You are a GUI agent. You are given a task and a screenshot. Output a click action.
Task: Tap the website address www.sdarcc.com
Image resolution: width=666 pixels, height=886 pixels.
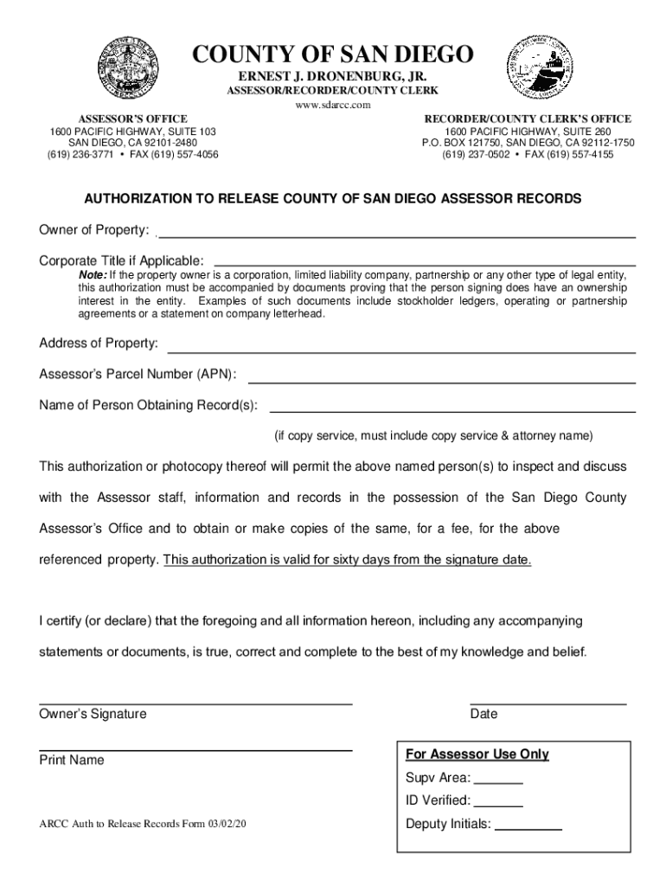click(x=333, y=105)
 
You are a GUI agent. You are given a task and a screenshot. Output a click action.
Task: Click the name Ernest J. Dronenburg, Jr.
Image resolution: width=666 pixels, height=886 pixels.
click(x=333, y=76)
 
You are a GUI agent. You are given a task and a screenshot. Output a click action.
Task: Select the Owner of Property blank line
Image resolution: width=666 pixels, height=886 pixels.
click(x=398, y=234)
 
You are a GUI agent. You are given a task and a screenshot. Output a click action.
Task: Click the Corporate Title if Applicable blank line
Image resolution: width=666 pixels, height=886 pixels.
click(x=424, y=263)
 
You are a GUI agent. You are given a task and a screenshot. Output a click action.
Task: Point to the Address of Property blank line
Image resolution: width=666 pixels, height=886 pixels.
click(x=401, y=350)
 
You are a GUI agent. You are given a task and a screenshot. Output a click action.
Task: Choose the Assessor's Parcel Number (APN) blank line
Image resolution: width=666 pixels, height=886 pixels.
click(x=441, y=381)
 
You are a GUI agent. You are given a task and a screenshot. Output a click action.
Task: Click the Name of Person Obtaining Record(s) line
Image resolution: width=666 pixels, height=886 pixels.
click(x=452, y=410)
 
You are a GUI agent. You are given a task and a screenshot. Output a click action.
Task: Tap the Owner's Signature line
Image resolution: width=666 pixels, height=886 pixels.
click(x=195, y=703)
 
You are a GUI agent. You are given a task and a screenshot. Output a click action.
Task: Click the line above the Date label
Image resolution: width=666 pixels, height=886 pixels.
click(x=548, y=703)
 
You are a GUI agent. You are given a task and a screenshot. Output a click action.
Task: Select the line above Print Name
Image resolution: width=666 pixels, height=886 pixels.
click(x=195, y=749)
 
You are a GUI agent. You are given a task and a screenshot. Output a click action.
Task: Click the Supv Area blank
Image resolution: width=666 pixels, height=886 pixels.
click(x=499, y=781)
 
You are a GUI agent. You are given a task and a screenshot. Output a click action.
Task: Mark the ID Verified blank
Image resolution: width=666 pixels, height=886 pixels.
click(x=499, y=805)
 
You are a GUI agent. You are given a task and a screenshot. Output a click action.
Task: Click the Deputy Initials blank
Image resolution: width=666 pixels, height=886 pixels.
click(x=528, y=829)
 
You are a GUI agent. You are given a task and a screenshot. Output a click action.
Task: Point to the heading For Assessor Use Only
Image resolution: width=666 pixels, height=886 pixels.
click(x=477, y=754)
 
